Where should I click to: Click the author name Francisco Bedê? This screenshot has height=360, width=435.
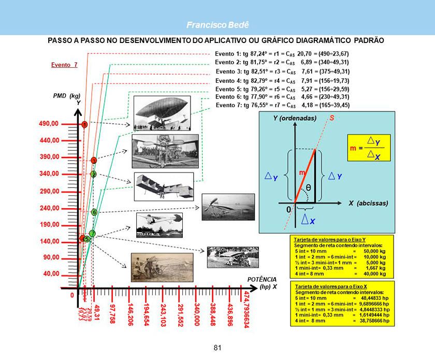[218, 25]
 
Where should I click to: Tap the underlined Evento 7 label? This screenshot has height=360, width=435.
[64, 65]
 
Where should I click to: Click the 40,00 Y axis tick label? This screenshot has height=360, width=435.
[51, 273]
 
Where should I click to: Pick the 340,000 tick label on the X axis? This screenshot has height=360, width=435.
[197, 314]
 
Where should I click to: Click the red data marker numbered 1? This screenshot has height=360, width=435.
[84, 125]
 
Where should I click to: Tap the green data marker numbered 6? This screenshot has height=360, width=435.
[94, 212]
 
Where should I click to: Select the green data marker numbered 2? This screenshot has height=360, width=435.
[93, 174]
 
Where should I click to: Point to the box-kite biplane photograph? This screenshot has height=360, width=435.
[164, 186]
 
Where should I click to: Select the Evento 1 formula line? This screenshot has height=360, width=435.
[282, 53]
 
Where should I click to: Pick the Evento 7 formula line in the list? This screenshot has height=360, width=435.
[282, 105]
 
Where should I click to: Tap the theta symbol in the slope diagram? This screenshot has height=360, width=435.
[308, 187]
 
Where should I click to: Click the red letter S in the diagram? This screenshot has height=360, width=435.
[331, 118]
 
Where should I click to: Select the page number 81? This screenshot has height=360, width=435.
[218, 347]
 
